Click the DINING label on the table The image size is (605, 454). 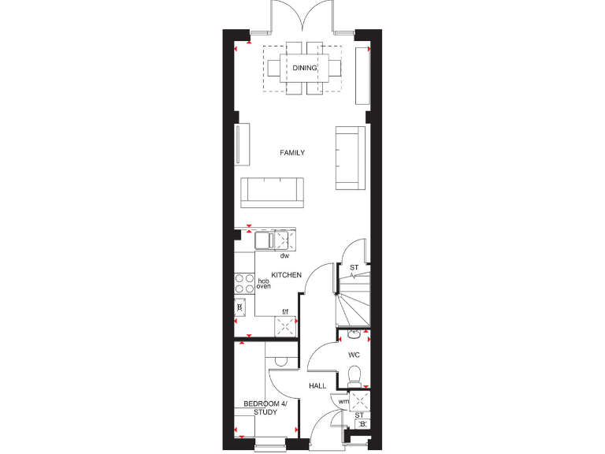click(x=304, y=68)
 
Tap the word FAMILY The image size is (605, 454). click(x=292, y=153)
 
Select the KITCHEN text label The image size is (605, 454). click(x=287, y=275)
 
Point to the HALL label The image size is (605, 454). click(x=317, y=386)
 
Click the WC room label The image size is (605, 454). click(x=354, y=355)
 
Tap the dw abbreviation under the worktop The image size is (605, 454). click(x=284, y=256)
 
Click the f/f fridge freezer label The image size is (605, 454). click(x=287, y=312)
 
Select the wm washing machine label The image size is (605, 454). click(x=343, y=402)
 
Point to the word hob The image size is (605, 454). click(x=263, y=280)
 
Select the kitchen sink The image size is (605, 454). click(x=264, y=239)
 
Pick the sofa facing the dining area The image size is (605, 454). click(x=273, y=192)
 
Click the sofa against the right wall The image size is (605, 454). click(x=350, y=158)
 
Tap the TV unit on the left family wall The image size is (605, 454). click(x=237, y=143)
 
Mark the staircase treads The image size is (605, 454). click(x=353, y=309)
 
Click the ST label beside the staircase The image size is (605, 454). click(x=354, y=268)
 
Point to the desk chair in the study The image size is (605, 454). click(x=281, y=362)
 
